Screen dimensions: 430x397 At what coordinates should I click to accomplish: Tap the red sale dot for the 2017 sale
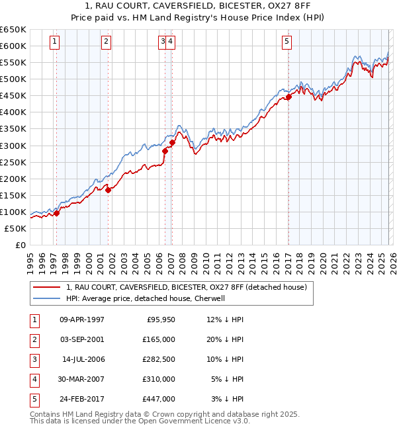(288, 97)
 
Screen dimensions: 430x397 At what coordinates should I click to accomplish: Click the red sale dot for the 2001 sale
(108, 190)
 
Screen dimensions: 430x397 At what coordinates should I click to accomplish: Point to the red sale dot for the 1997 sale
(56, 213)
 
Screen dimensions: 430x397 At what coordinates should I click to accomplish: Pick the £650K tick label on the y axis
(13, 30)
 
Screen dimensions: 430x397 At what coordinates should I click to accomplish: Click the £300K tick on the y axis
(13, 146)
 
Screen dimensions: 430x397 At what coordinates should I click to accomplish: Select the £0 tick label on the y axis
(20, 245)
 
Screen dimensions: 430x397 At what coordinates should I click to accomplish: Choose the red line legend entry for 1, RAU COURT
(185, 288)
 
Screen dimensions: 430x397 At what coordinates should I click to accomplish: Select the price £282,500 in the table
(159, 359)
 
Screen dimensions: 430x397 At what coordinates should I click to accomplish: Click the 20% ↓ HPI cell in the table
(225, 339)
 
